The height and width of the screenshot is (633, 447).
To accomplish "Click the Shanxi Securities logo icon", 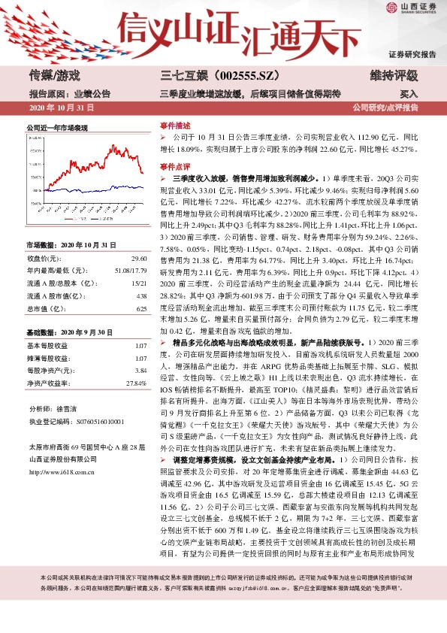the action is point(391,10).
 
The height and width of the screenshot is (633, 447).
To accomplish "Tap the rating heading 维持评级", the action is point(394,75).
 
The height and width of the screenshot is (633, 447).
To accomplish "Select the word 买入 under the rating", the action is point(408,95).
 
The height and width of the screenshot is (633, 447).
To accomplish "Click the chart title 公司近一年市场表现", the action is point(57,129).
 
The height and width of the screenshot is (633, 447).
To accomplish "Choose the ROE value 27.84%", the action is point(135,383).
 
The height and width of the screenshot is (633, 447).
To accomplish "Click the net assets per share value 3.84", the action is point(139,371).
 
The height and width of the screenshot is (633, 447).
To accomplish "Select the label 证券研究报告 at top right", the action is point(412,55).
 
